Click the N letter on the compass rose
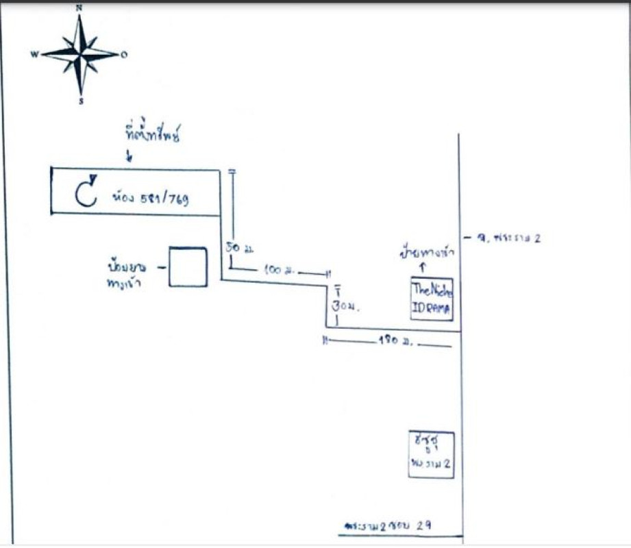[79, 8]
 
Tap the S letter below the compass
[81, 101]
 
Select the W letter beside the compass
[34, 55]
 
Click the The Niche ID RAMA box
[432, 299]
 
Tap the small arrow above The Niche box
[423, 268]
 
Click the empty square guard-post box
[188, 266]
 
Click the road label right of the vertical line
[504, 238]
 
